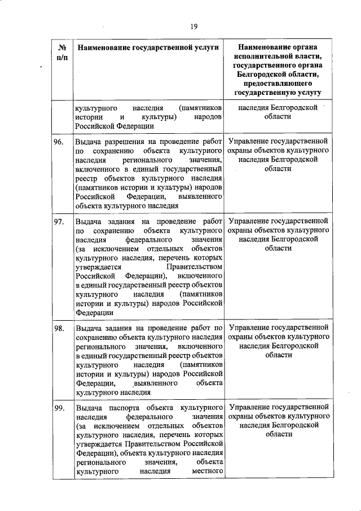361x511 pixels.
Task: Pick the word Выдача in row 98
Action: tap(89, 327)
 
